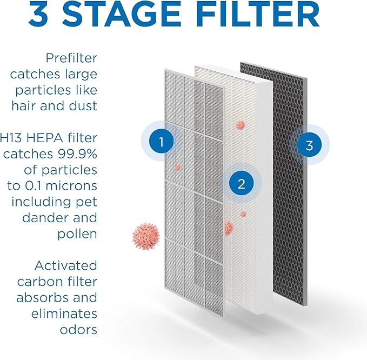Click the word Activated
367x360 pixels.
[x=65, y=266]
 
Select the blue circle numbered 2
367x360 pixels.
[x=242, y=183]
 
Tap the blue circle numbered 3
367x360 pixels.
[x=309, y=145]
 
